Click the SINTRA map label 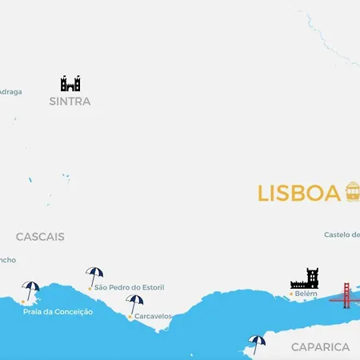[70, 102]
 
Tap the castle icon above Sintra [70, 83]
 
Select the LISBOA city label [299, 194]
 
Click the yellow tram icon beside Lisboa [352, 192]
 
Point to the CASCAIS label [40, 237]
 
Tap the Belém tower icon [305, 278]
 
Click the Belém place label [306, 294]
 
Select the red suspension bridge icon [346, 294]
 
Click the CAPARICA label [320, 347]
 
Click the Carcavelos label [153, 317]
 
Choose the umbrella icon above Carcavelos [135, 303]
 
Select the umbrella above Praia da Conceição [31, 290]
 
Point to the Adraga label [10, 91]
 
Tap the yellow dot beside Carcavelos [130, 317]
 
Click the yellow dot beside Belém [290, 294]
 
